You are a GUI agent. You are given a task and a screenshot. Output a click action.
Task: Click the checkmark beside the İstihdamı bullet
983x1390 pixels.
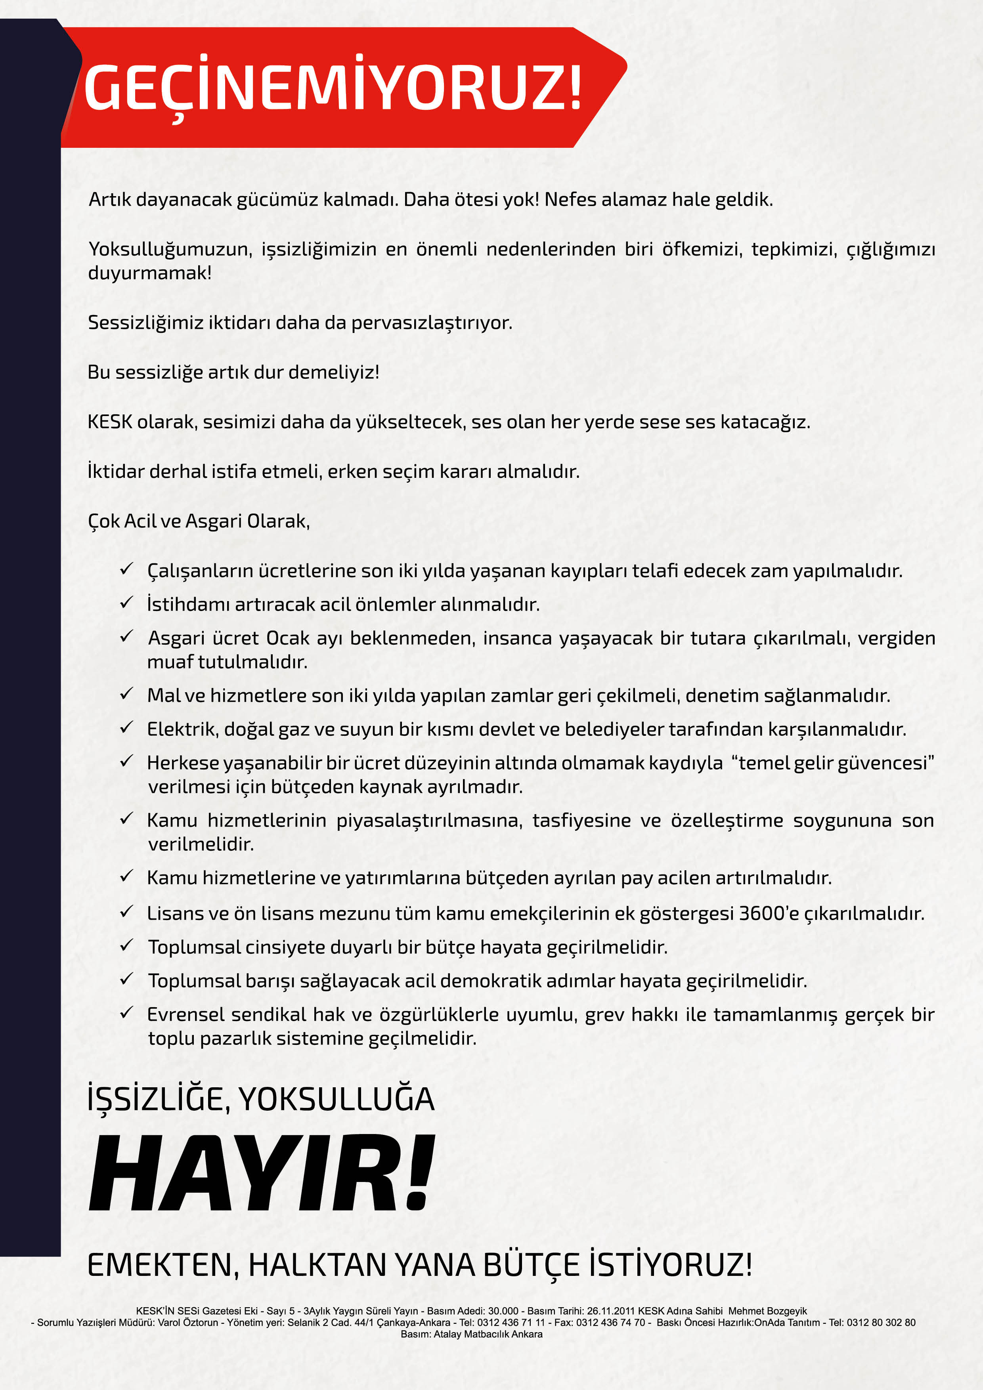point(126,603)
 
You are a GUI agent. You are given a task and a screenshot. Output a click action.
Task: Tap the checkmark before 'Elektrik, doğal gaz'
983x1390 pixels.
point(126,728)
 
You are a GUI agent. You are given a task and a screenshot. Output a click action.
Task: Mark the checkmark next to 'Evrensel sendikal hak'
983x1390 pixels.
point(126,1013)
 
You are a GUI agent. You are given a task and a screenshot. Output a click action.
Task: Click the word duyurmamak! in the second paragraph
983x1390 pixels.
point(149,273)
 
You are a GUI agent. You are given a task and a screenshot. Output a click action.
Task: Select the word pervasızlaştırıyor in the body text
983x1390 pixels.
point(431,323)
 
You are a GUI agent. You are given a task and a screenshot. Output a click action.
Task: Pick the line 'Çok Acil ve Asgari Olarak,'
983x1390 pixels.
point(199,521)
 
